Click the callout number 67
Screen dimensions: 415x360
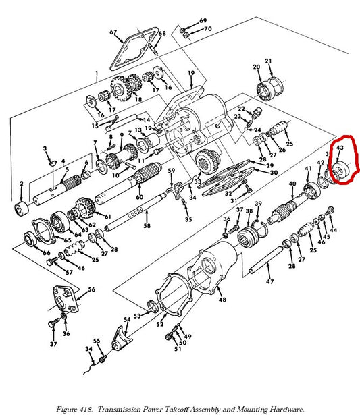[113, 32]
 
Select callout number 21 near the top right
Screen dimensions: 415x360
[268, 62]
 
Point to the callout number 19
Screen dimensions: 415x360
[191, 73]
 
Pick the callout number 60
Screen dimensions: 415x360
[140, 197]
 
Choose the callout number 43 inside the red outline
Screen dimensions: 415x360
[340, 146]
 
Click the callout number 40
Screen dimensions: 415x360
[292, 184]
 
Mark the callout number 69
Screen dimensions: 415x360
[203, 21]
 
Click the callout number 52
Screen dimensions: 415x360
[160, 324]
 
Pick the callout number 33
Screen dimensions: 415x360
[197, 182]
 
